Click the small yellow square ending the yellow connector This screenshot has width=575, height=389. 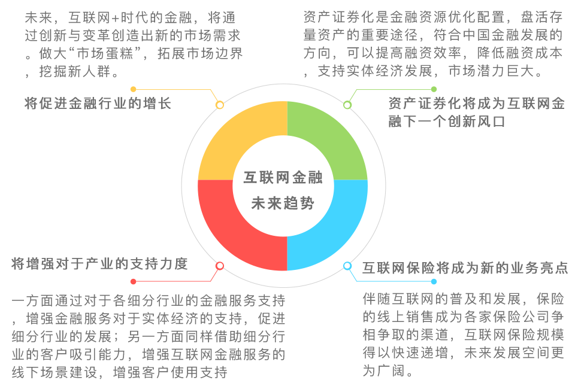coord(133,89)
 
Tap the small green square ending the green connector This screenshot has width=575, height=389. coord(434,89)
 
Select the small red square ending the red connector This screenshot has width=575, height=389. coord(133,281)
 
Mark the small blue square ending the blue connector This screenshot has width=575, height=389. coord(434,281)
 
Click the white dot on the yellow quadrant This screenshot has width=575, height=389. coord(220,105)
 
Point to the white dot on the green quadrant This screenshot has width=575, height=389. coord(347,105)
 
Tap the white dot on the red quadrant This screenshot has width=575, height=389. coord(220,265)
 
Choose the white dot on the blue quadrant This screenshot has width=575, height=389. coord(347,265)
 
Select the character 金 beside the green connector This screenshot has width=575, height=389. coord(559,104)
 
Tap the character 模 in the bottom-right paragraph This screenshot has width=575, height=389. coord(558,334)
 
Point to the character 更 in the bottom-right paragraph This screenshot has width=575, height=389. coord(558,353)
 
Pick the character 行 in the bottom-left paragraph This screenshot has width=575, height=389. coord(279,336)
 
